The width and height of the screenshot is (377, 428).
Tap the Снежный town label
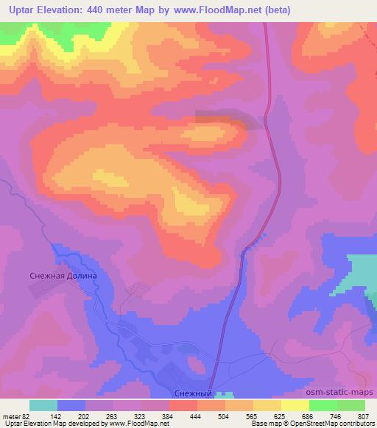click(x=196, y=394)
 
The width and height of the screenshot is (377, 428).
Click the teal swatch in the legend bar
click(x=43, y=405)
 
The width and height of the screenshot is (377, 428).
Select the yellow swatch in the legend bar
click(x=295, y=405)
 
